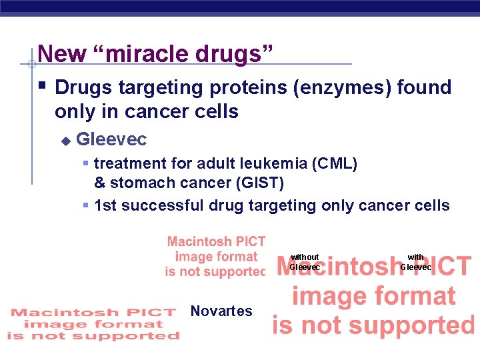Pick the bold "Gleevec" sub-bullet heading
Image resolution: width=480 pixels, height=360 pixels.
[111, 139]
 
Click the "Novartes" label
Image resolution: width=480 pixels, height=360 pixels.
[221, 311]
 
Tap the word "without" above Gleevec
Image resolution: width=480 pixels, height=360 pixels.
[305, 257]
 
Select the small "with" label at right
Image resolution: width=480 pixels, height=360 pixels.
[415, 257]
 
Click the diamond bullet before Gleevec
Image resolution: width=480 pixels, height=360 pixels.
[65, 141]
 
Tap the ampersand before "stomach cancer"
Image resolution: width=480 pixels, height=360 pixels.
[100, 183]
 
